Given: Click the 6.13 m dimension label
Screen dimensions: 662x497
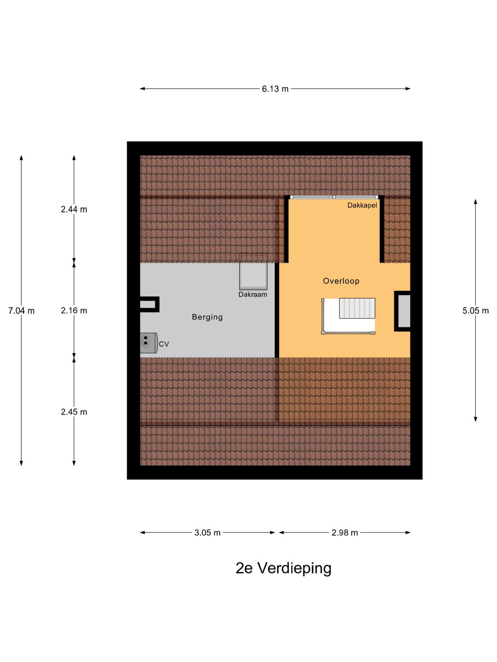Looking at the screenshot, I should pos(275,89).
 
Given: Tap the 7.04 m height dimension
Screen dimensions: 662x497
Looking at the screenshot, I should pos(21,311).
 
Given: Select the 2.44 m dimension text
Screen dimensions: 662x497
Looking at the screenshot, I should pos(74,209).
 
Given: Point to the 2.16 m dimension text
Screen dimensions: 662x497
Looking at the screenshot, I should pos(74,311).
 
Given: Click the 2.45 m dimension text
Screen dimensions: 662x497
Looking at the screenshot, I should pos(74,412).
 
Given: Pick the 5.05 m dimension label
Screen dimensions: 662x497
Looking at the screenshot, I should pos(475,311).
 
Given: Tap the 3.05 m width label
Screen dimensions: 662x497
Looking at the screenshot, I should pos(207,533).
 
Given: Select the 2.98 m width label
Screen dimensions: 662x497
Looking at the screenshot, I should pos(345,533).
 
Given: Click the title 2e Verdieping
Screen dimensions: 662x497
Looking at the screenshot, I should pos(283,568).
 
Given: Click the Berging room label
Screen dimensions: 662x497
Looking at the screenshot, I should pos(207,317).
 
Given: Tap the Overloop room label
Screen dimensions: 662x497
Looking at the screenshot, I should pos(341,281).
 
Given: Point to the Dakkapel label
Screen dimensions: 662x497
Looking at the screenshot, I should pos(362,205).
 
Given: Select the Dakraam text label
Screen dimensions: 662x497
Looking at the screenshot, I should pos(253,295).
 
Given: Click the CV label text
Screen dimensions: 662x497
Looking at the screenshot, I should pos(164,344).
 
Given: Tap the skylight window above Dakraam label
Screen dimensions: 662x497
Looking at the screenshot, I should pos(253,276).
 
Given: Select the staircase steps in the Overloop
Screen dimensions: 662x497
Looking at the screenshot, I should pos(357,308).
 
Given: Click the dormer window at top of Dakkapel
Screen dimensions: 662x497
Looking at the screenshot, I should pos(334,197).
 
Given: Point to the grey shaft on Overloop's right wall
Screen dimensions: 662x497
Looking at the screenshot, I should pos(404,311).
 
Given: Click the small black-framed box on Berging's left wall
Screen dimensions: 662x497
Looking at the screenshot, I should pos(149,304).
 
